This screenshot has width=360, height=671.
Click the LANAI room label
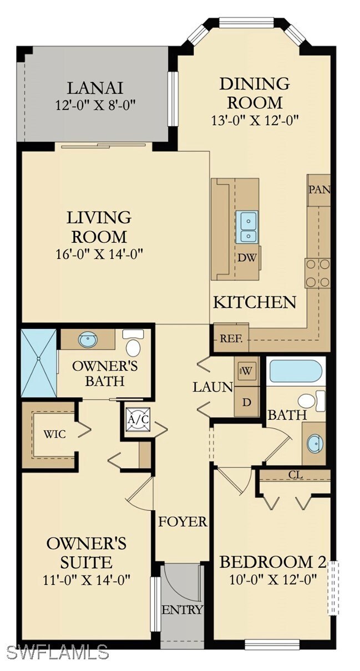point(95,88)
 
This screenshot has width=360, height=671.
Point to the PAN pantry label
point(319,190)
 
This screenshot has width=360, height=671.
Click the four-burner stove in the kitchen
point(317,273)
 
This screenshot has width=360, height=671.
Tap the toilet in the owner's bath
point(133,344)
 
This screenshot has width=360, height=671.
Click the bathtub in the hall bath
point(295,372)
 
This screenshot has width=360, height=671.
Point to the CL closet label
point(295,475)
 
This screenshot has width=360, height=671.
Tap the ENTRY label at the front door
point(182,610)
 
